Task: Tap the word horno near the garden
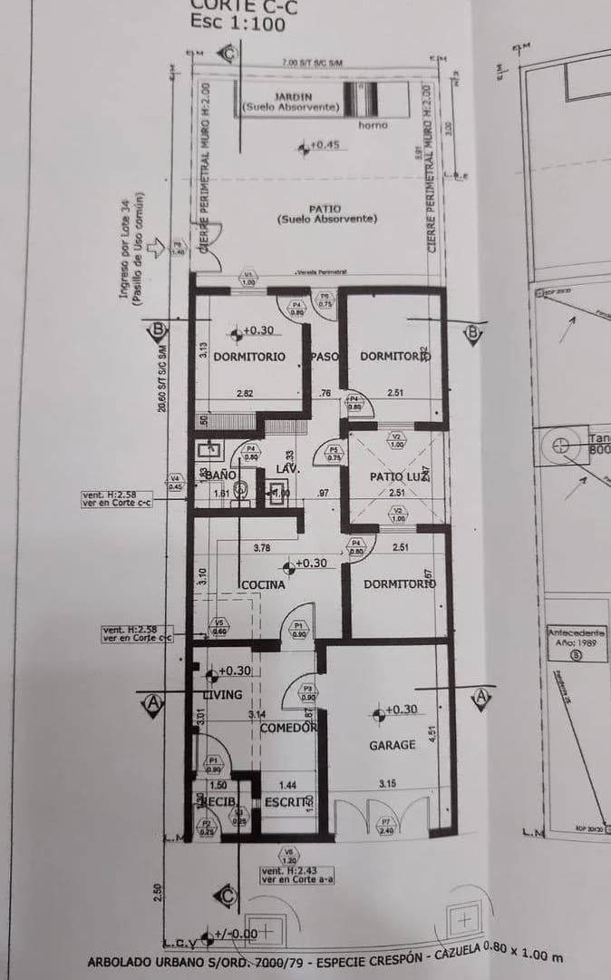(x=373, y=125)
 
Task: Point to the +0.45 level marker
(x=323, y=145)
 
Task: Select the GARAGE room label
(x=392, y=745)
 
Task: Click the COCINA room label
(x=263, y=585)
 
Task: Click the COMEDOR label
(x=288, y=728)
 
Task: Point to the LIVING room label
(x=222, y=695)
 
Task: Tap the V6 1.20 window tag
(x=288, y=855)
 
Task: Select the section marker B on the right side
(x=472, y=334)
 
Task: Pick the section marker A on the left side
(x=153, y=701)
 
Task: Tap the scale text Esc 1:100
(x=238, y=23)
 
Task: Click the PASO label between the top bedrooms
(x=325, y=357)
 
